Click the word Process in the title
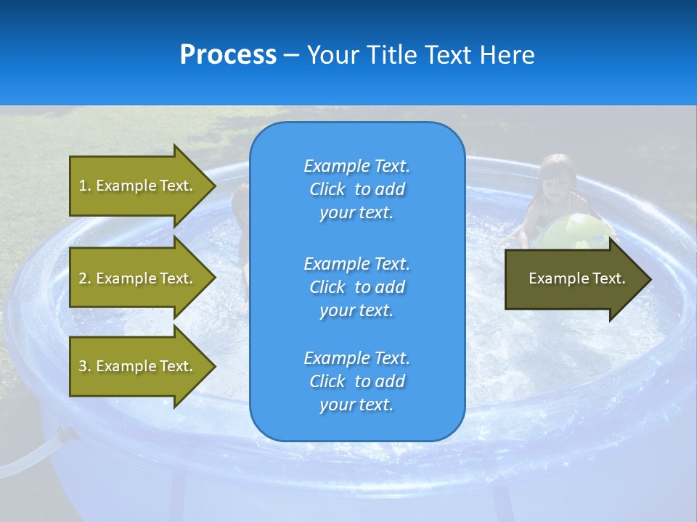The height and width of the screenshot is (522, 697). click(228, 55)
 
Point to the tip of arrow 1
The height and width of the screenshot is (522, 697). click(214, 186)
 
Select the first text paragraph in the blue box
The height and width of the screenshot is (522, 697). click(356, 189)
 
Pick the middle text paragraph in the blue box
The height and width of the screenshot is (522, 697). click(356, 287)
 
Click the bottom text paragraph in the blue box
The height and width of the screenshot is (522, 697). click(356, 381)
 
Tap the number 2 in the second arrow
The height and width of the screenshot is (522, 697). click(82, 278)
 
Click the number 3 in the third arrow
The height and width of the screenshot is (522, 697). click(82, 366)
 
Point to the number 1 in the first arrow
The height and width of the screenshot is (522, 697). click(82, 186)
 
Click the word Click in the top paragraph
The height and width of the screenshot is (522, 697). click(327, 189)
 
